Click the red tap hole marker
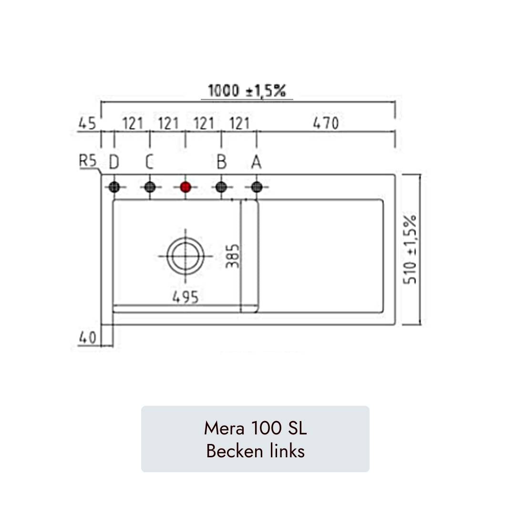(x=185, y=187)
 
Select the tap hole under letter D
(x=114, y=187)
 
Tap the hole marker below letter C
(x=150, y=187)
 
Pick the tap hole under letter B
(x=221, y=187)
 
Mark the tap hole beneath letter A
(x=257, y=187)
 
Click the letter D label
(x=113, y=163)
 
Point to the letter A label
(x=257, y=163)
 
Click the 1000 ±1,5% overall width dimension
(x=247, y=91)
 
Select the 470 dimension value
(x=326, y=124)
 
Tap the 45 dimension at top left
(x=87, y=124)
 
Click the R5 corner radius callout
(x=87, y=161)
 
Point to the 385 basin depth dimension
(x=233, y=256)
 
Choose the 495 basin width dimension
(x=185, y=297)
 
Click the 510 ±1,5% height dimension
(x=410, y=249)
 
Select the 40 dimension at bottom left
(x=87, y=338)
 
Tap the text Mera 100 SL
(x=255, y=428)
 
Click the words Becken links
(x=255, y=451)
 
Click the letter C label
(x=149, y=163)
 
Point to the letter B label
(x=221, y=163)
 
